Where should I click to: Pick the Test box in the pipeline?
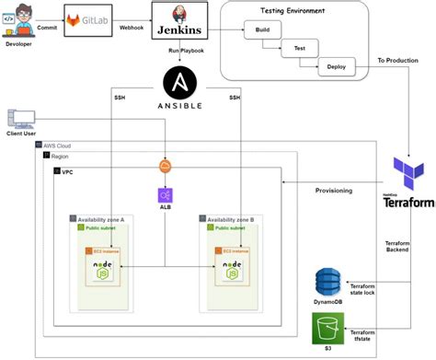coord(299,49)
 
